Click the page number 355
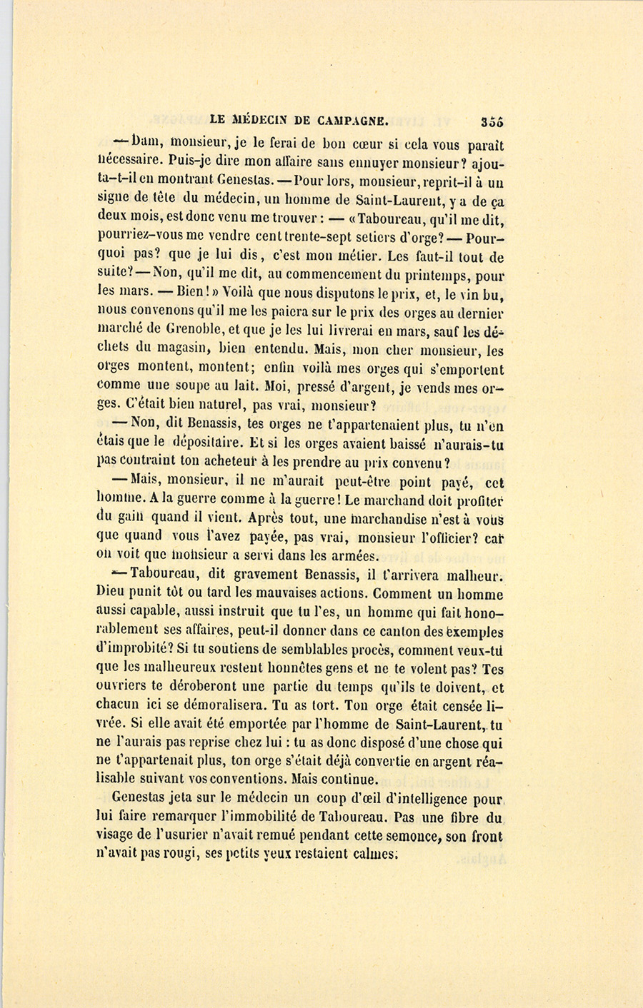pyautogui.click(x=492, y=121)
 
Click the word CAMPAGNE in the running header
pyautogui.click(x=344, y=120)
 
